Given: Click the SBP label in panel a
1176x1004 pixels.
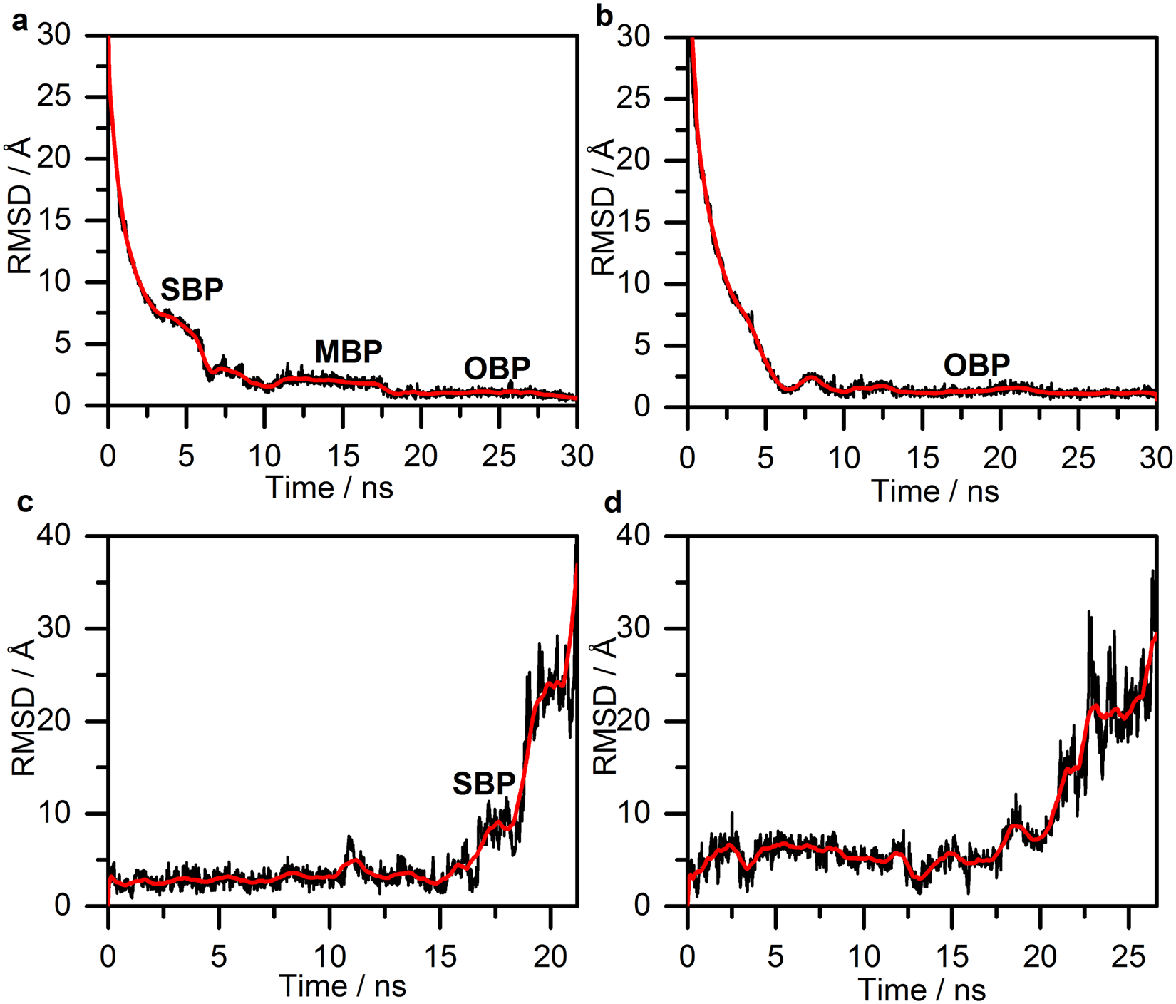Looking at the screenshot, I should click(x=192, y=290).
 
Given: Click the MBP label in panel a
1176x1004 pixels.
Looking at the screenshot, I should click(x=349, y=352).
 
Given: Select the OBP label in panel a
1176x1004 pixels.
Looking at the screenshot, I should click(x=497, y=369).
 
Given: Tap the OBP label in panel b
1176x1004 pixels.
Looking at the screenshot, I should click(x=976, y=366).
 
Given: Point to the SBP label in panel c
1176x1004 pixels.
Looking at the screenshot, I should click(x=484, y=784).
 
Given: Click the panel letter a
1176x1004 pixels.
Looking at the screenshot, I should click(x=20, y=21).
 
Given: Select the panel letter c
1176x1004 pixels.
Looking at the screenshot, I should click(x=24, y=503).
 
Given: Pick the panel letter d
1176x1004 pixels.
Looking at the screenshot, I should click(x=612, y=503).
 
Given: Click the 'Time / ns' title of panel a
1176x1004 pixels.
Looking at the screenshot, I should click(x=329, y=488).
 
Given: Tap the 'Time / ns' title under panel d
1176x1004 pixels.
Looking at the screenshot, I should click(x=922, y=990).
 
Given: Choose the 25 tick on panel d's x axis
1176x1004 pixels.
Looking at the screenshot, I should click(x=1128, y=956).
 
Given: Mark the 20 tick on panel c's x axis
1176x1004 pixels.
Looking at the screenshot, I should click(x=550, y=956).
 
